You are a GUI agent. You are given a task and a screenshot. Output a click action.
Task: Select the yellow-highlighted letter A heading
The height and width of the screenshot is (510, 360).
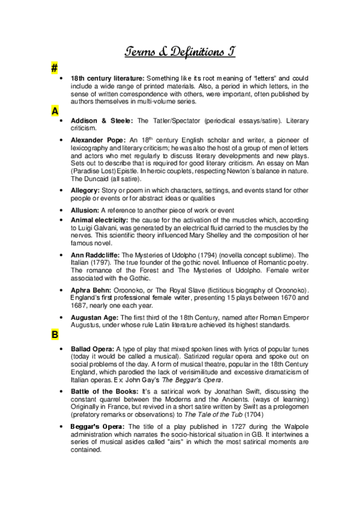55,111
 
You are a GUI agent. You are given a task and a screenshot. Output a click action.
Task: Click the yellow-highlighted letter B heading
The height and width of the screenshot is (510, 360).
55,335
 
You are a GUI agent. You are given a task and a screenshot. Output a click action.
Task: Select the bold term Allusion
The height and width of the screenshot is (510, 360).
85,210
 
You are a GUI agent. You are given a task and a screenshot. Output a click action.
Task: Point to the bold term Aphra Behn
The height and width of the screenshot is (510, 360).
91,289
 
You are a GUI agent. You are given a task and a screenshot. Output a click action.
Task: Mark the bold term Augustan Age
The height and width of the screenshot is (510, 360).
94,316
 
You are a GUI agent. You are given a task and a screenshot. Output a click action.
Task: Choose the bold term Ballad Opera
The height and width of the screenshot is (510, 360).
92,348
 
